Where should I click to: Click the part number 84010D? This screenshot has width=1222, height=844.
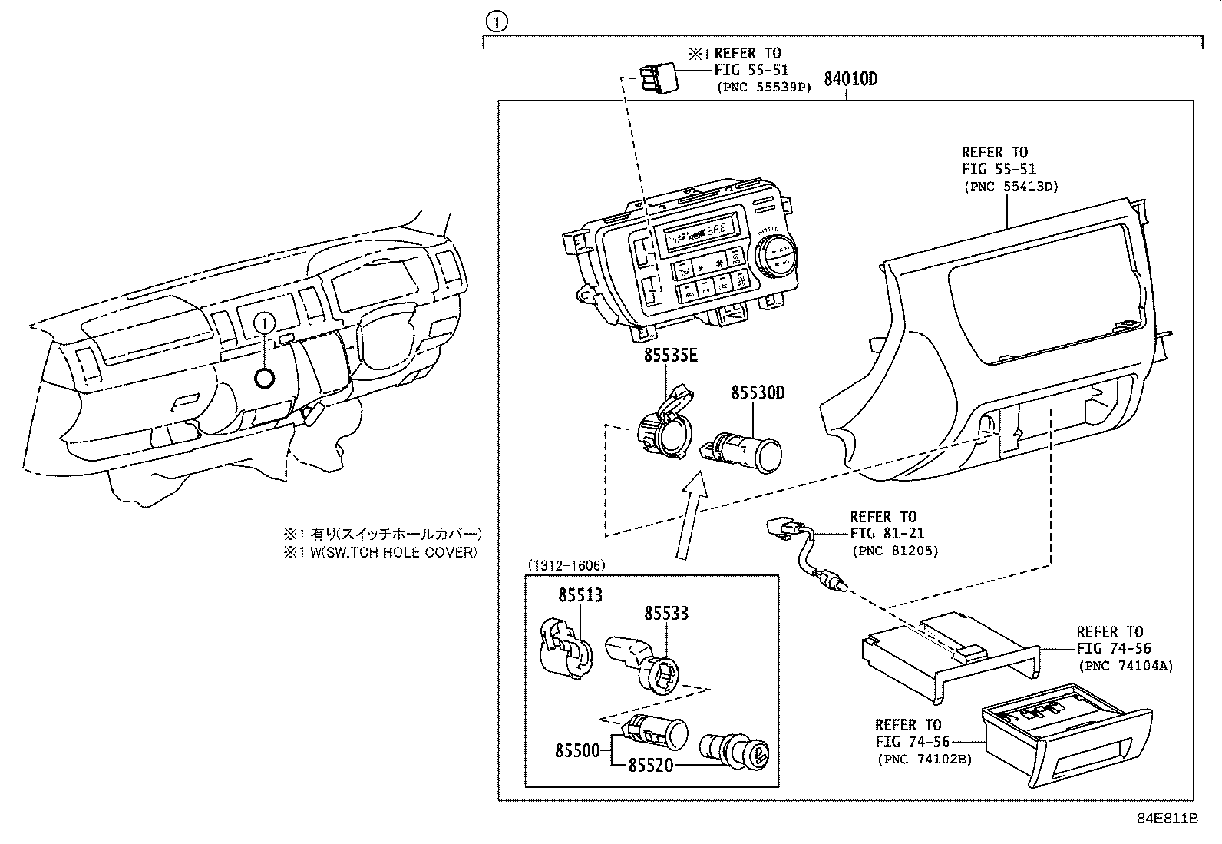[x=850, y=78]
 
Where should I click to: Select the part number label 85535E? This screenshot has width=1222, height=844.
[x=670, y=356]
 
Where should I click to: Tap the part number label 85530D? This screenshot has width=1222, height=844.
[x=757, y=392]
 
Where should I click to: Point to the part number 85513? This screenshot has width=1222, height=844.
[x=580, y=594]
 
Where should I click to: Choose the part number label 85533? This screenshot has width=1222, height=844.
[x=665, y=613]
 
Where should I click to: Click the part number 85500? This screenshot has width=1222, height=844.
[x=577, y=750]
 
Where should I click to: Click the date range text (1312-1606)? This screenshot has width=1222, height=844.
[x=566, y=565]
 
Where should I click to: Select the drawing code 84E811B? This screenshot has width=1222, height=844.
[x=1167, y=819]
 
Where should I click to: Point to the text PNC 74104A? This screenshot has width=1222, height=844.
[x=1125, y=666]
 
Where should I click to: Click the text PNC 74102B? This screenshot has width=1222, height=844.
[x=924, y=760]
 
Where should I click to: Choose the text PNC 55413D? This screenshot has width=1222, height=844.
[x=1010, y=187]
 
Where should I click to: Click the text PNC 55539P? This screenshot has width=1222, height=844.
[x=764, y=87]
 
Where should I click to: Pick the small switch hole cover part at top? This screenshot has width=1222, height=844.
[x=656, y=76]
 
